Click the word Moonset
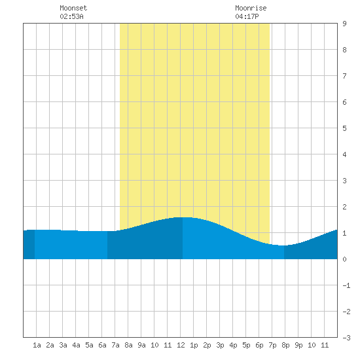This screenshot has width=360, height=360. [73, 8]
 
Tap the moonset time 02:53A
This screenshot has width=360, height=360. [71, 16]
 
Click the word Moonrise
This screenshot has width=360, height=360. [251, 8]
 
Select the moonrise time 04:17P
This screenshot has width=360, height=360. [247, 16]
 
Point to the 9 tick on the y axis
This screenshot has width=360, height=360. [344, 24]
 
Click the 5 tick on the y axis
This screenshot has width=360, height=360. [344, 128]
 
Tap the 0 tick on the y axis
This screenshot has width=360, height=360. [344, 259]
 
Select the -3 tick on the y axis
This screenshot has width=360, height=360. [346, 338]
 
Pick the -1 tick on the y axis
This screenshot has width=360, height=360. [346, 285]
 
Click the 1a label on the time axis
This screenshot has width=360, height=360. [37, 345]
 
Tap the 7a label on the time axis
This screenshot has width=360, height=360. [115, 345]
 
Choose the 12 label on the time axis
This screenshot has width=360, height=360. [181, 345]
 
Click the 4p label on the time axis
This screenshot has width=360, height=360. [233, 345]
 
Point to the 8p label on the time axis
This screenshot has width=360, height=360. [285, 345]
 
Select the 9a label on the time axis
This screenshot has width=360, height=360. [141, 345]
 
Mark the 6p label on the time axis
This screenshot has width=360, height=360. [259, 345]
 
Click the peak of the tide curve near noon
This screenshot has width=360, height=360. [183, 217]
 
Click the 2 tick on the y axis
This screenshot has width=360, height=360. [344, 207]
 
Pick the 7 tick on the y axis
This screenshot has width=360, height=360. [344, 76]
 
